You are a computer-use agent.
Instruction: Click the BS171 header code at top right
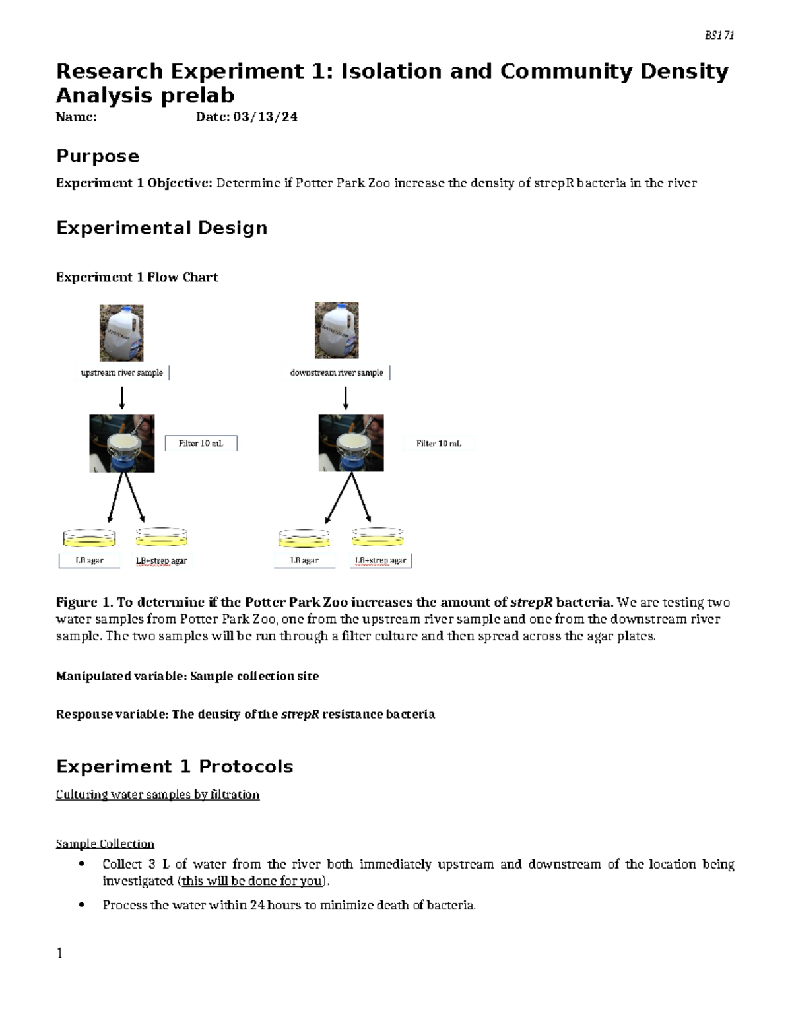pyautogui.click(x=719, y=36)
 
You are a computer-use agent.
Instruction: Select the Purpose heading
pyautogui.click(x=98, y=156)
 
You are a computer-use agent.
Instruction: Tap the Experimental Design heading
pyautogui.click(x=162, y=228)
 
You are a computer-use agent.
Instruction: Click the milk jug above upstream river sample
pyautogui.click(x=121, y=333)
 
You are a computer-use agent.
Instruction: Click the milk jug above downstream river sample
pyautogui.click(x=337, y=331)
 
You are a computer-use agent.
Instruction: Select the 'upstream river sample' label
pyautogui.click(x=122, y=373)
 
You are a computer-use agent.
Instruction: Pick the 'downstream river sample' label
pyautogui.click(x=337, y=373)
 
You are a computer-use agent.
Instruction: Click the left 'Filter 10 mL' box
pyautogui.click(x=201, y=444)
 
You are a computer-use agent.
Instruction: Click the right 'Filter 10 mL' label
pyautogui.click(x=438, y=444)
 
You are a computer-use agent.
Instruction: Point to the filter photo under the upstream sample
pyautogui.click(x=122, y=444)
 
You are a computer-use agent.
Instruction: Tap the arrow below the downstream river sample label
pyautogui.click(x=345, y=398)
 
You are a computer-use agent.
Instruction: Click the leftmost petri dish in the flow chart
pyautogui.click(x=89, y=538)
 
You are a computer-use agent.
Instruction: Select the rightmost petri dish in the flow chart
pyautogui.click(x=378, y=537)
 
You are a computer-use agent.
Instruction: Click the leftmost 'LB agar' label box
pyautogui.click(x=90, y=561)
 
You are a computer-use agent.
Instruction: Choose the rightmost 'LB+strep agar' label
pyautogui.click(x=381, y=561)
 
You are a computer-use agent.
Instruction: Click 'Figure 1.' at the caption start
pyautogui.click(x=84, y=602)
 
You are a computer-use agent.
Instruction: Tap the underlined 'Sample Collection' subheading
pyautogui.click(x=105, y=843)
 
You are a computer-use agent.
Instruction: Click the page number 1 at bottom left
pyautogui.click(x=59, y=953)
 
